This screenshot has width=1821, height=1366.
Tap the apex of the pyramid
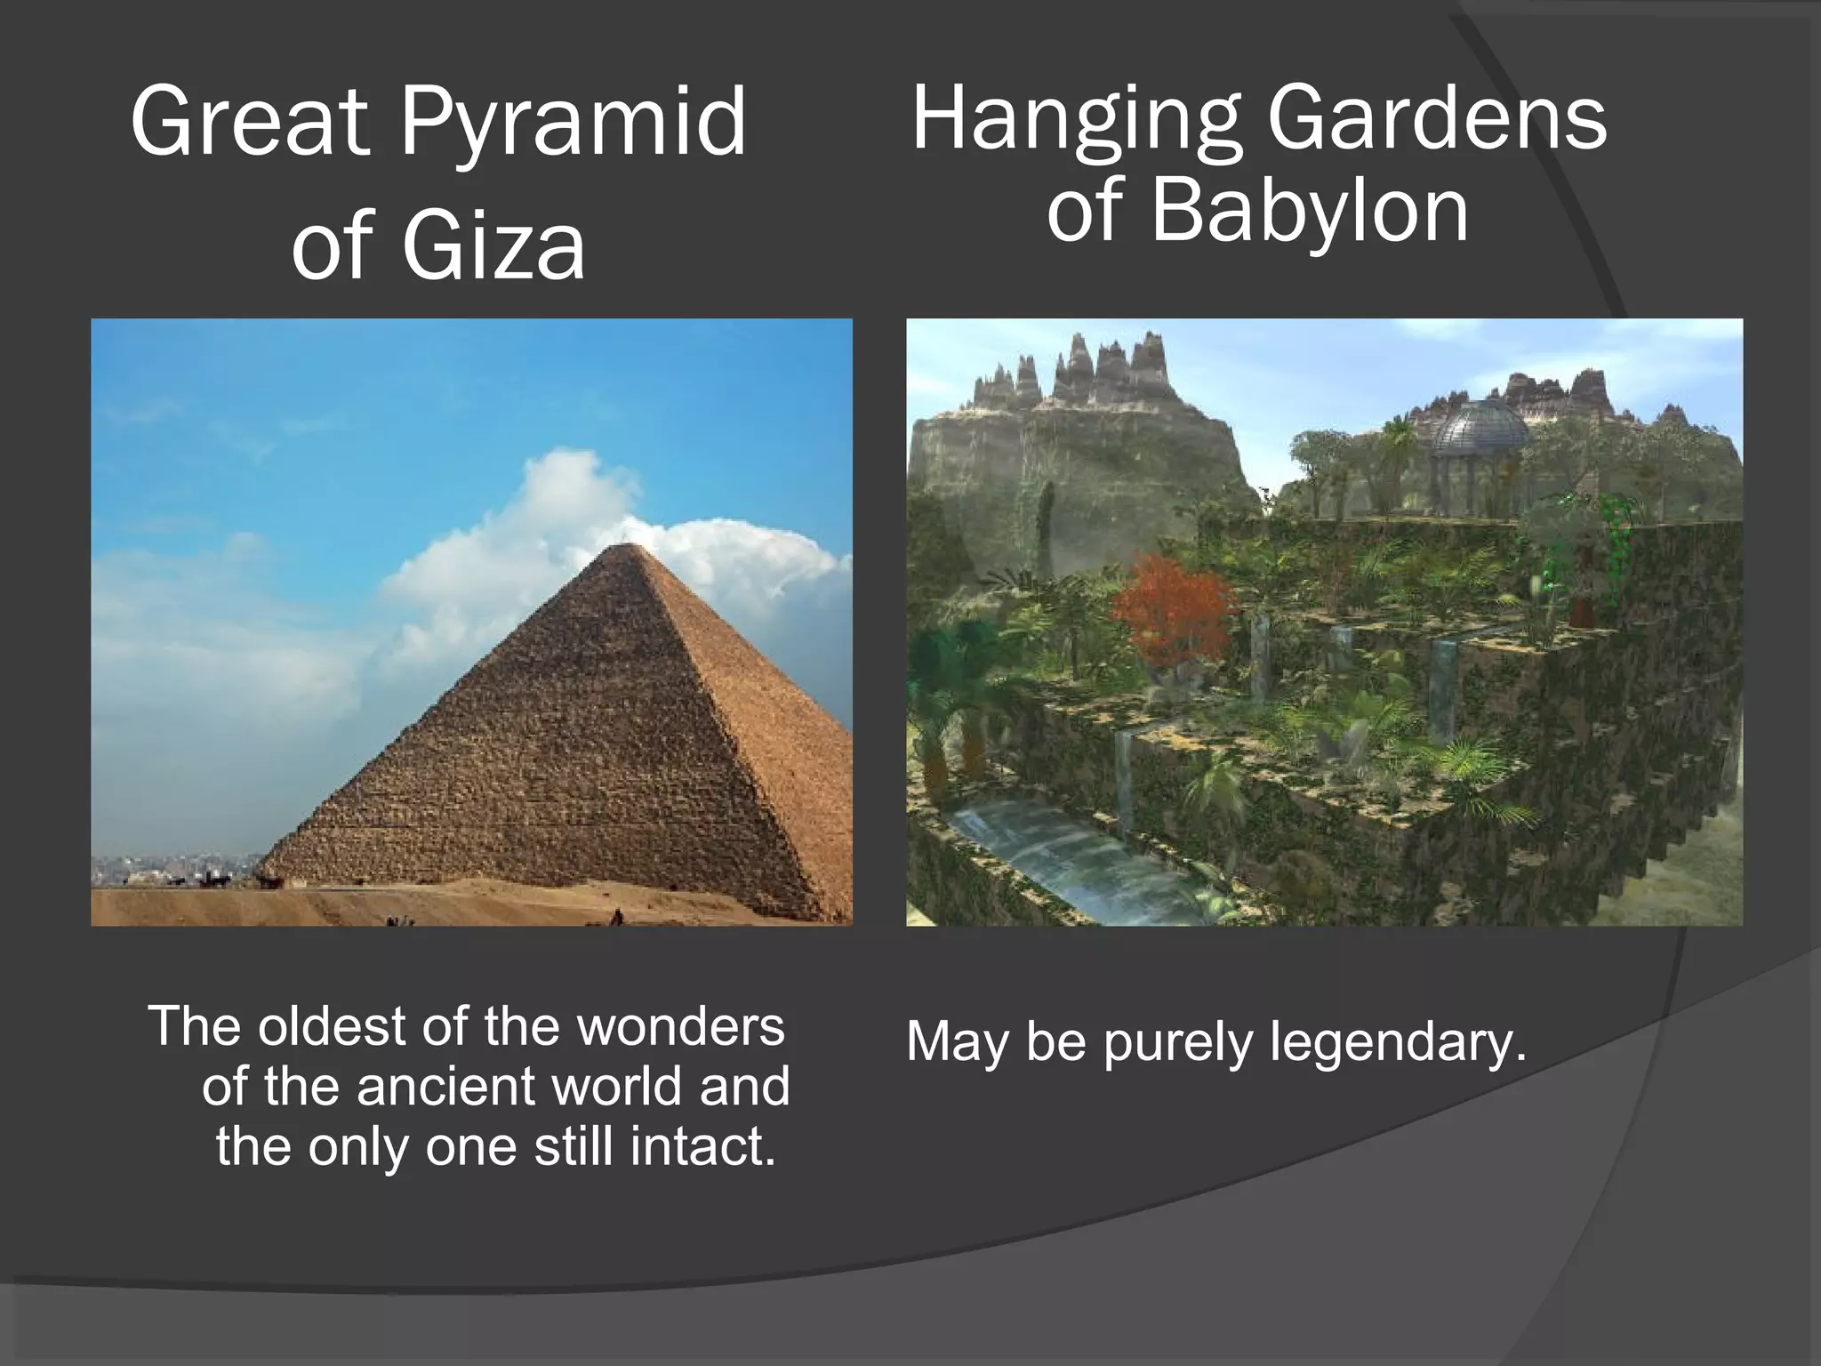click(x=627, y=545)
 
